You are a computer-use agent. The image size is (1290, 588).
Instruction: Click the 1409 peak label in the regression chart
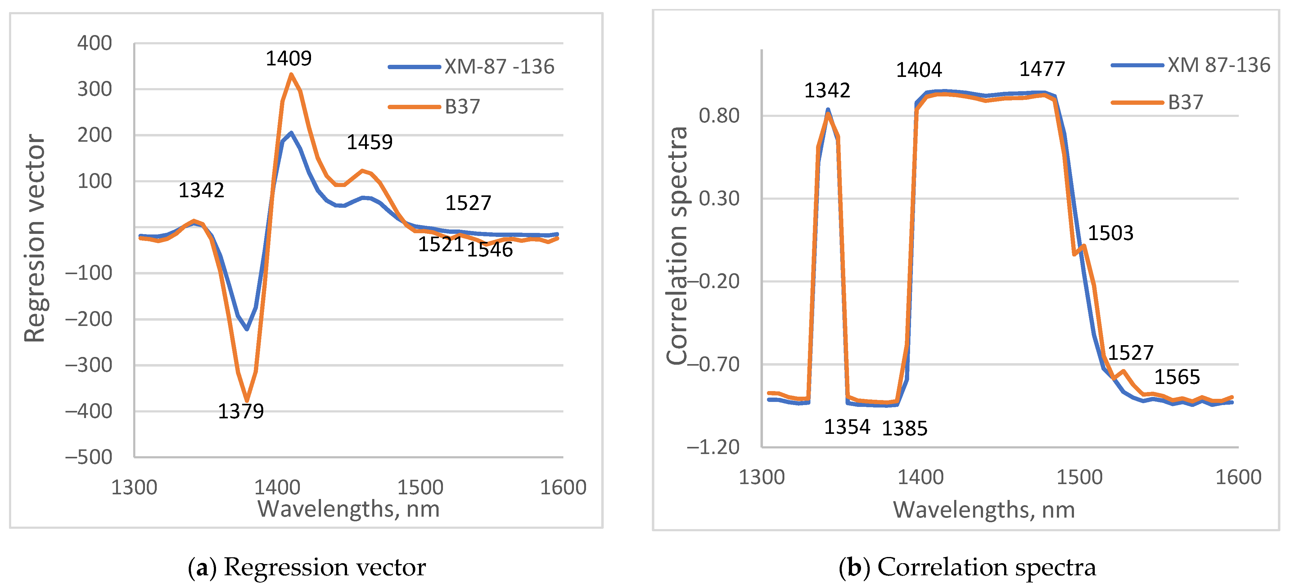tap(288, 59)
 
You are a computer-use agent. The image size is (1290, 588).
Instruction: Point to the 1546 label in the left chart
tap(490, 249)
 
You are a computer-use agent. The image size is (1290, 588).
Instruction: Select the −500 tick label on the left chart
tap(89, 457)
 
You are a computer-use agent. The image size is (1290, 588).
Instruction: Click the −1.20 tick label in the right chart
tap(713, 447)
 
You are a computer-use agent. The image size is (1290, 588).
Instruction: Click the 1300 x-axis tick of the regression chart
tap(134, 488)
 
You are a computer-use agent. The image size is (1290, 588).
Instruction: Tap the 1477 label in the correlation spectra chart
tap(1042, 69)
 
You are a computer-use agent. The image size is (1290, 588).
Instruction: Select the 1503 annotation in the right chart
tap(1110, 233)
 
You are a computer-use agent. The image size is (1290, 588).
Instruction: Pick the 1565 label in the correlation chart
tap(1177, 377)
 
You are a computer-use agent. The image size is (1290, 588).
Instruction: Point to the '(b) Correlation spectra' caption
tap(967, 567)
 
